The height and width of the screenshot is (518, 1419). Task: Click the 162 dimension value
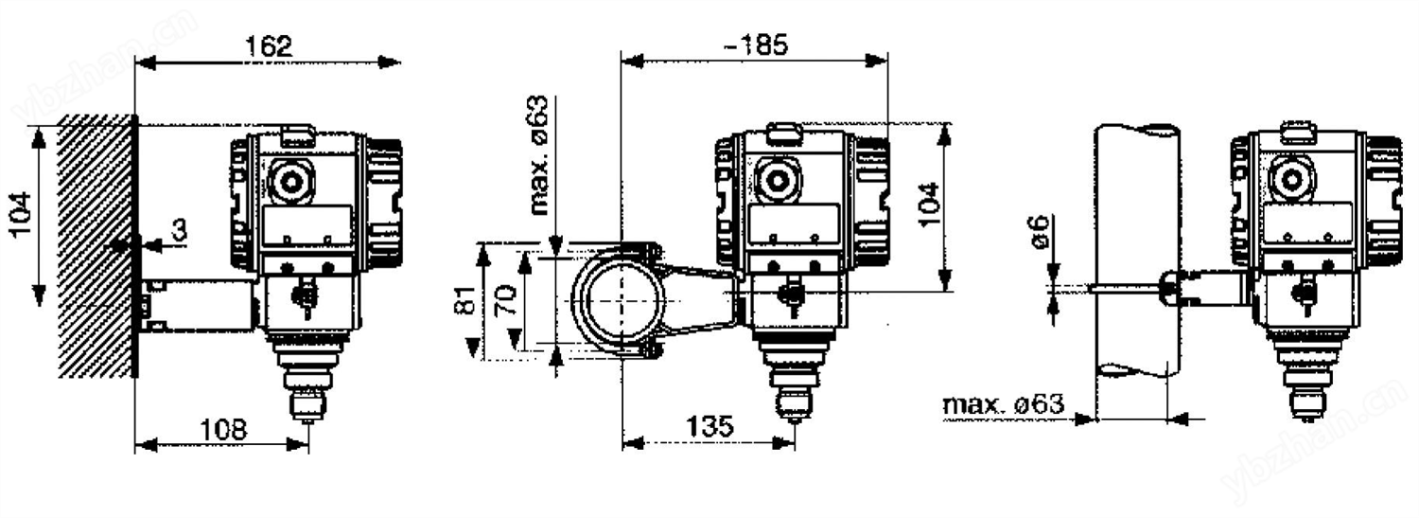(x=269, y=46)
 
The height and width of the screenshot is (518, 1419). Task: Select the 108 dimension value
(x=223, y=430)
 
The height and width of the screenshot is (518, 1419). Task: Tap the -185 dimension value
(x=757, y=45)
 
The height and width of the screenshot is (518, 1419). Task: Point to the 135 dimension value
(x=710, y=426)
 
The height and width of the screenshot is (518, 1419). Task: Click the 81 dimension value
(x=465, y=300)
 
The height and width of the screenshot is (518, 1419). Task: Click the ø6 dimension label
(x=1039, y=232)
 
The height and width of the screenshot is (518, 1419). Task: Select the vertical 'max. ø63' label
(x=538, y=156)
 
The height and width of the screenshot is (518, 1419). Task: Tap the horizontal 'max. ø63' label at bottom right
(x=1004, y=403)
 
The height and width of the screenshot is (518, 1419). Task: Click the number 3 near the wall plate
(x=181, y=229)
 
